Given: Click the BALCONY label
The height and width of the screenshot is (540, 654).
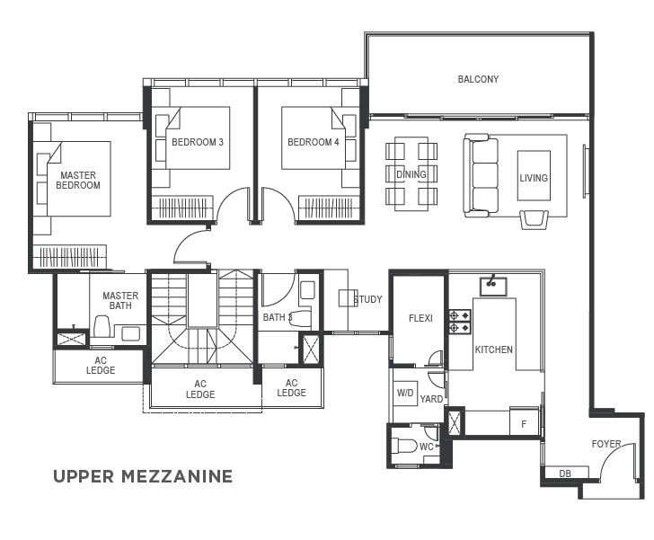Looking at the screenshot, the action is point(478,79).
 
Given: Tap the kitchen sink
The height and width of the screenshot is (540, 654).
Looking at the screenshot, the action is point(492,287).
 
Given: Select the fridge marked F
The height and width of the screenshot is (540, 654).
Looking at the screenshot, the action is point(525,422).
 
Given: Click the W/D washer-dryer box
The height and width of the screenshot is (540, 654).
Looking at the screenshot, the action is point(405,394).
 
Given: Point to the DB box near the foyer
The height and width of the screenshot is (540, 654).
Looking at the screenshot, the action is point(566,473).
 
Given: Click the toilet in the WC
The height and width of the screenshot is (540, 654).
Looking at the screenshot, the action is point(404,446).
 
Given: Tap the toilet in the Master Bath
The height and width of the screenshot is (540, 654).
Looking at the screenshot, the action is point(102,326).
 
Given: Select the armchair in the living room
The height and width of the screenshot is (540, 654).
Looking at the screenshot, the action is point(534,219).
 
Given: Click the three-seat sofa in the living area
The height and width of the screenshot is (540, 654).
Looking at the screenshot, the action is point(482,175).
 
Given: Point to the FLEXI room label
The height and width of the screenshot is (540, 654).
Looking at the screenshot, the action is point(420,318).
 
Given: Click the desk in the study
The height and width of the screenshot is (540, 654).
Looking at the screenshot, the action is point(348,298).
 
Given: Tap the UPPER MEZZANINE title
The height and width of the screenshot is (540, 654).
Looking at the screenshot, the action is point(143,476).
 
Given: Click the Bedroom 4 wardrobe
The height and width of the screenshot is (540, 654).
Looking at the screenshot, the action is point(328,208).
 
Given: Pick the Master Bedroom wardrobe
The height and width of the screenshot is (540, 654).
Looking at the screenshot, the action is point(70,256).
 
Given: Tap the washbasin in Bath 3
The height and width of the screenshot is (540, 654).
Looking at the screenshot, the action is point(307,290).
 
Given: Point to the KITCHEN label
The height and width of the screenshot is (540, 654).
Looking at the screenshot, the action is point(494,350).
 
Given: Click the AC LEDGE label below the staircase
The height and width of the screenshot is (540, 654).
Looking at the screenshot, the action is point(200,389).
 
